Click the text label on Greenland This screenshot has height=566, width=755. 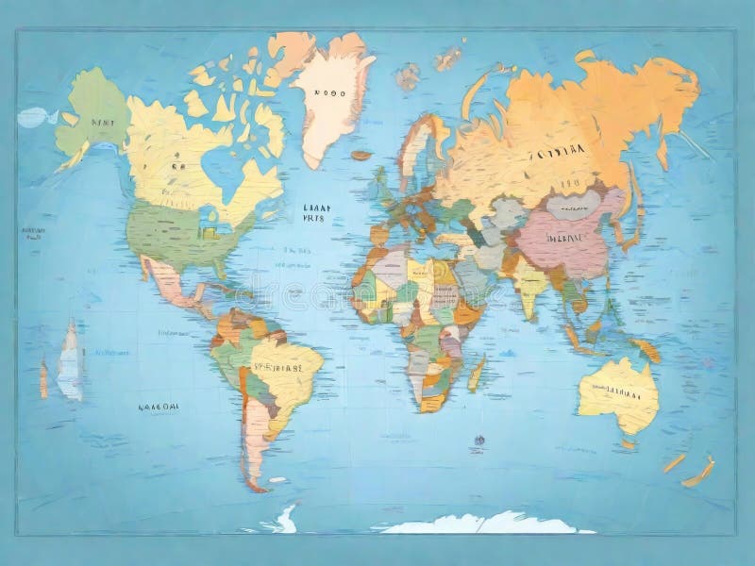click(330, 93)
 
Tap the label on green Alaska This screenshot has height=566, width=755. click(94, 123)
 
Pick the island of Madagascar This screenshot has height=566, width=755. click(478, 373)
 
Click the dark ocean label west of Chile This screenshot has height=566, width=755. click(159, 408)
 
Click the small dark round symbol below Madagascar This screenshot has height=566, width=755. click(479, 440)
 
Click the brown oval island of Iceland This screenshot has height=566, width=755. click(361, 155)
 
